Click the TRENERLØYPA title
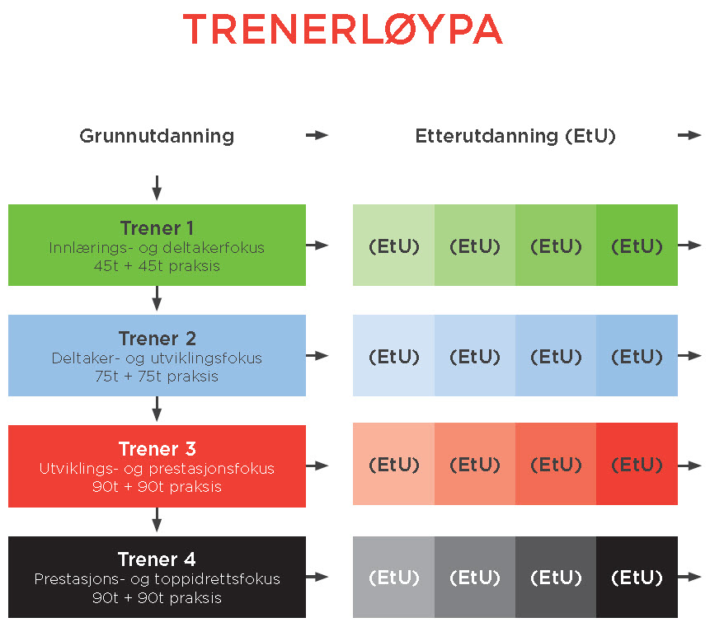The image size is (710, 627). (x=342, y=30)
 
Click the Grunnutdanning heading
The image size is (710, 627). (x=157, y=136)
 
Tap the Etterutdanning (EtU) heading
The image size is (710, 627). (x=515, y=136)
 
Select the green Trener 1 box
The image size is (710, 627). (x=157, y=245)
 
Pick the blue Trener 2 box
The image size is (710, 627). (x=157, y=355)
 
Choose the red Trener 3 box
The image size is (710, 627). (x=157, y=466)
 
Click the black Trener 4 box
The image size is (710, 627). (x=157, y=577)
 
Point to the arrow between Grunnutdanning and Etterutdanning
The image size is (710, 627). (x=317, y=135)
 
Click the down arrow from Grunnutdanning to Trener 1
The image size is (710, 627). (x=157, y=188)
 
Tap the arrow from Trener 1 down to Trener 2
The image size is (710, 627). (x=157, y=299)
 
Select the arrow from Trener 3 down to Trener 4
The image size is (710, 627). (x=157, y=521)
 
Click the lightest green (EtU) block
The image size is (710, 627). (x=393, y=246)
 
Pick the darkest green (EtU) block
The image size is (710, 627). (x=637, y=246)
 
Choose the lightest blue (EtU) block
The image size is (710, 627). (x=393, y=356)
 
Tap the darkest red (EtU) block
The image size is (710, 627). (x=637, y=465)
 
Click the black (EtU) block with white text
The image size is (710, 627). (x=637, y=577)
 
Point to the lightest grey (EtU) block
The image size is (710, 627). (x=393, y=577)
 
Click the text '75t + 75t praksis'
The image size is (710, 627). (x=157, y=377)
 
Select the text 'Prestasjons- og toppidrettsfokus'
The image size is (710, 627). (x=157, y=579)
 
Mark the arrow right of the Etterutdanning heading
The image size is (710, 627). (x=689, y=135)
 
